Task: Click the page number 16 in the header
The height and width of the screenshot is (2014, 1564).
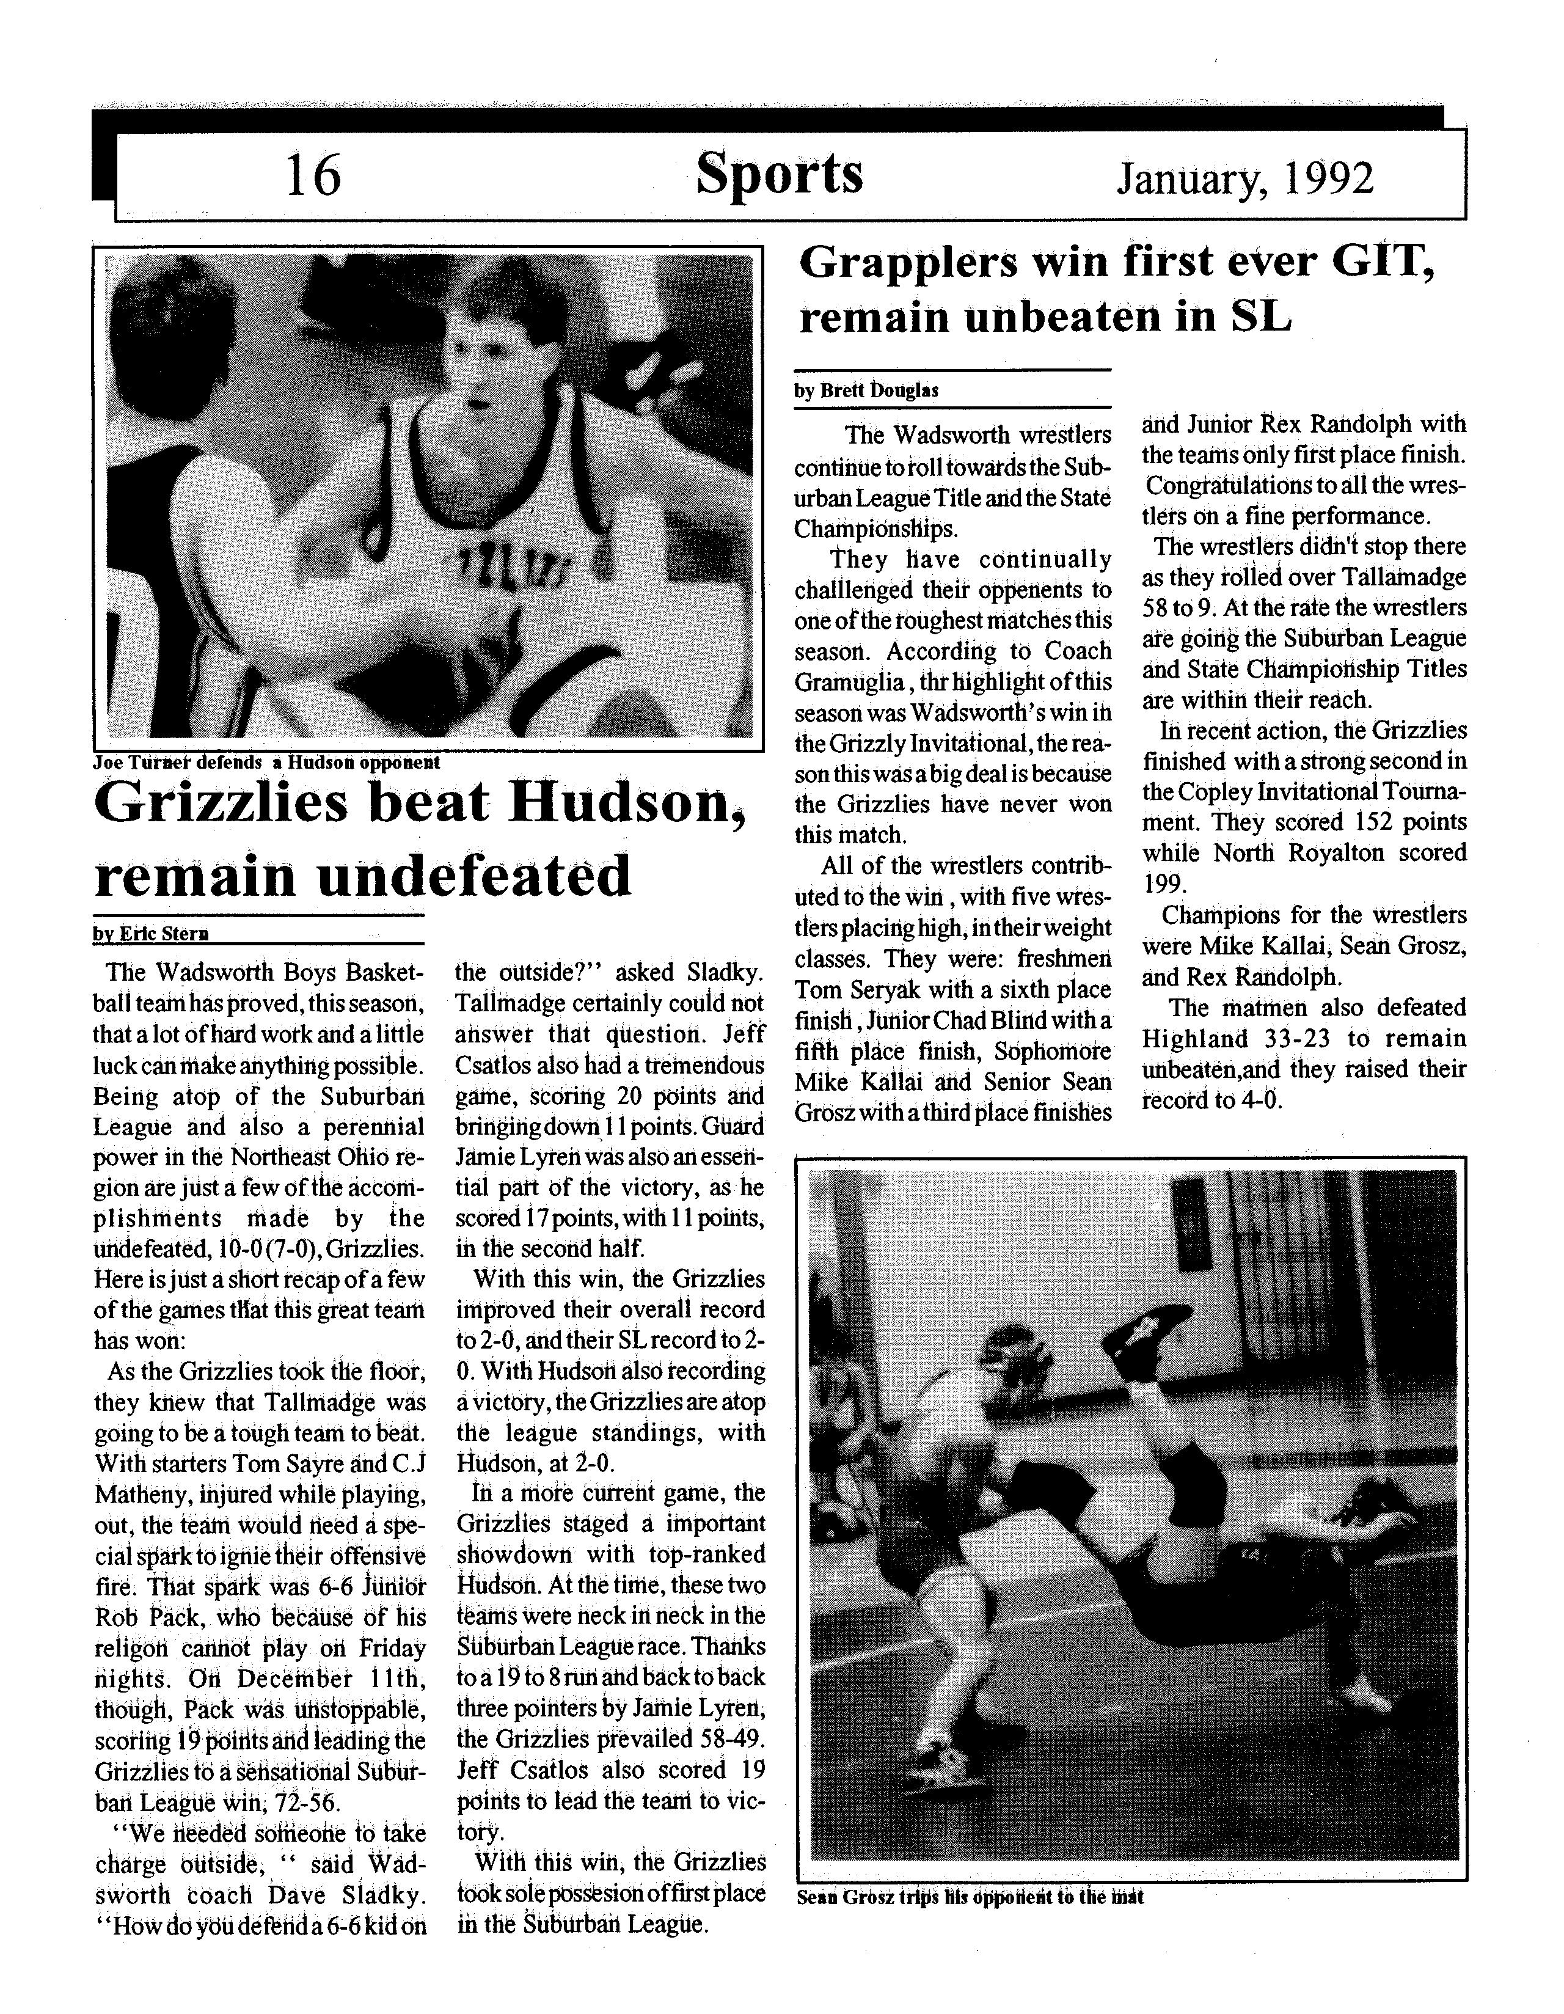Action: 313,175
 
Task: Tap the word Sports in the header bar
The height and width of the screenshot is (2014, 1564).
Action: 779,174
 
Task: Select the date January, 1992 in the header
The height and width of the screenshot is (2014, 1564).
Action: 1245,178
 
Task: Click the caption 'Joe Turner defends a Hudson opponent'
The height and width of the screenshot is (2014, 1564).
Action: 266,763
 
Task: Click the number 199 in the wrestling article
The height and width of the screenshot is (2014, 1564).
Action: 1162,884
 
